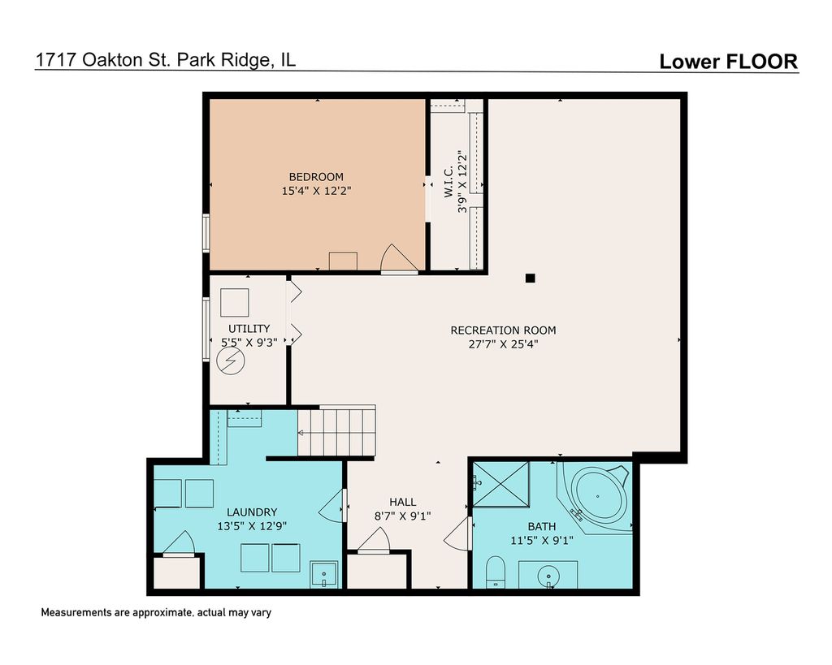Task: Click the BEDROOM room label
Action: coord(316,176)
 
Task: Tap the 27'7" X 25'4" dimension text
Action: coord(503,343)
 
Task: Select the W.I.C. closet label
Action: coord(448,182)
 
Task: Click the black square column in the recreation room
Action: coord(530,278)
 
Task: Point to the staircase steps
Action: coord(336,431)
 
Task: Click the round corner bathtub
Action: coord(598,496)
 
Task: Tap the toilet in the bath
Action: coord(496,572)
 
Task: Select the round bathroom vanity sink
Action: coord(548,576)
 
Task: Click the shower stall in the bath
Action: coord(500,485)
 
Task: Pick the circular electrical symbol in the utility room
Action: coord(231,361)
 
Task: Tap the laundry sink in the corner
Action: coord(323,574)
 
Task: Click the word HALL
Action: coord(403,502)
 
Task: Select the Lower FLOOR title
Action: coord(729,62)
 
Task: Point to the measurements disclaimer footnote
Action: coord(156,612)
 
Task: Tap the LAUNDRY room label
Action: coord(252,512)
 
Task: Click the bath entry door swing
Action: coord(458,533)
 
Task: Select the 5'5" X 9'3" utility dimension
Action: coord(249,343)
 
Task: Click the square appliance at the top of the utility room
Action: coord(235,303)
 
